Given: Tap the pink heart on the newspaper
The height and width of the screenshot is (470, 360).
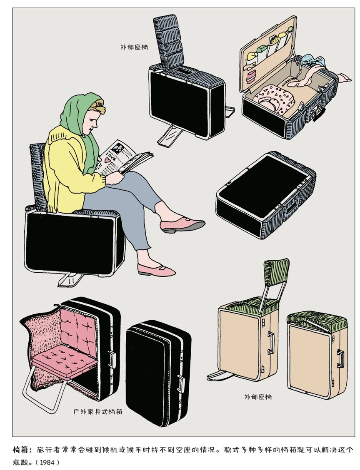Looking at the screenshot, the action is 107,160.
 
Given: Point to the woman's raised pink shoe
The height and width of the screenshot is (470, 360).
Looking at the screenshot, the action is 182,225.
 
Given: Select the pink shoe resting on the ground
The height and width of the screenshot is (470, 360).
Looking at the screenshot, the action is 156,270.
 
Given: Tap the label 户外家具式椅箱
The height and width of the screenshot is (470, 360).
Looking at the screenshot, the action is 98,412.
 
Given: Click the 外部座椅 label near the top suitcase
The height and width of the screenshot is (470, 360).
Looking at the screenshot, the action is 134,47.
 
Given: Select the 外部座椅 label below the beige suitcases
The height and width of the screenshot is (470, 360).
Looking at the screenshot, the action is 258,397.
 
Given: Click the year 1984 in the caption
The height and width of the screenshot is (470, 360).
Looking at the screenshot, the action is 47,462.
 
